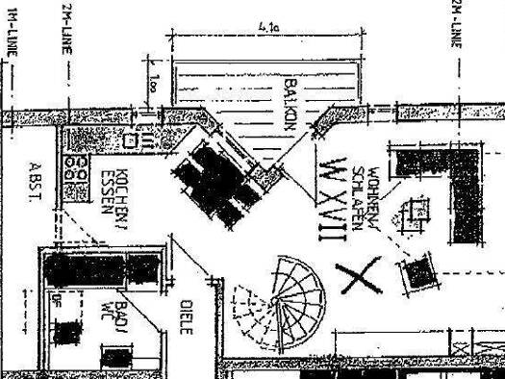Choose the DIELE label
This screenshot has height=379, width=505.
pos(186,316)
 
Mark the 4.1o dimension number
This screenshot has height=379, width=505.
pos(269,31)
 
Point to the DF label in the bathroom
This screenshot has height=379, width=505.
pos(58,304)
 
